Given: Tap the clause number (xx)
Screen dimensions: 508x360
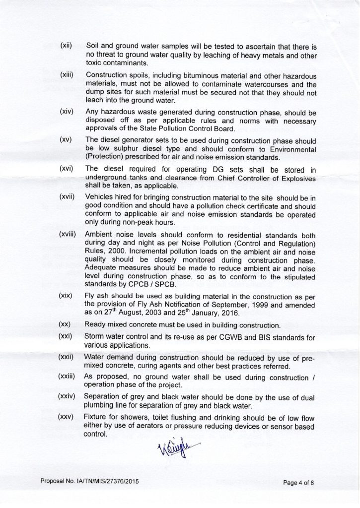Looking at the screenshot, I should pyautogui.click(x=65, y=325).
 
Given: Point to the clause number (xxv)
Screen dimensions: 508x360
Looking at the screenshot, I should pyautogui.click(x=66, y=414).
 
